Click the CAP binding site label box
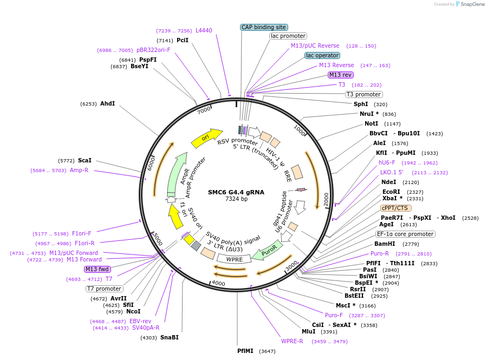pyautogui.click(x=264, y=27)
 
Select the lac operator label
pyautogui.click(x=322, y=55)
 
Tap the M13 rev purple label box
pyautogui.click(x=340, y=75)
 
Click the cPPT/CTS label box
pyautogui.click(x=395, y=208)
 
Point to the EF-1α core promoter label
pyautogui.click(x=406, y=234)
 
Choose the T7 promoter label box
pyautogui.click(x=105, y=289)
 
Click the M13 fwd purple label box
pyautogui.click(x=98, y=269)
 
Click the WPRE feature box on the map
pyautogui.click(x=233, y=259)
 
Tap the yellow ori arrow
pyautogui.click(x=206, y=138)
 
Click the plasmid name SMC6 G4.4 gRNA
pyautogui.click(x=236, y=192)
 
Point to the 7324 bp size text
pyautogui.click(x=236, y=199)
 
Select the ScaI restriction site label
pyautogui.click(x=85, y=160)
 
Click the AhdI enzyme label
pyautogui.click(x=107, y=103)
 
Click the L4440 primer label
pyautogui.click(x=204, y=31)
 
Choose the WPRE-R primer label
pyautogui.click(x=292, y=341)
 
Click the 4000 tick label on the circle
pyautogui.click(x=218, y=283)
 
